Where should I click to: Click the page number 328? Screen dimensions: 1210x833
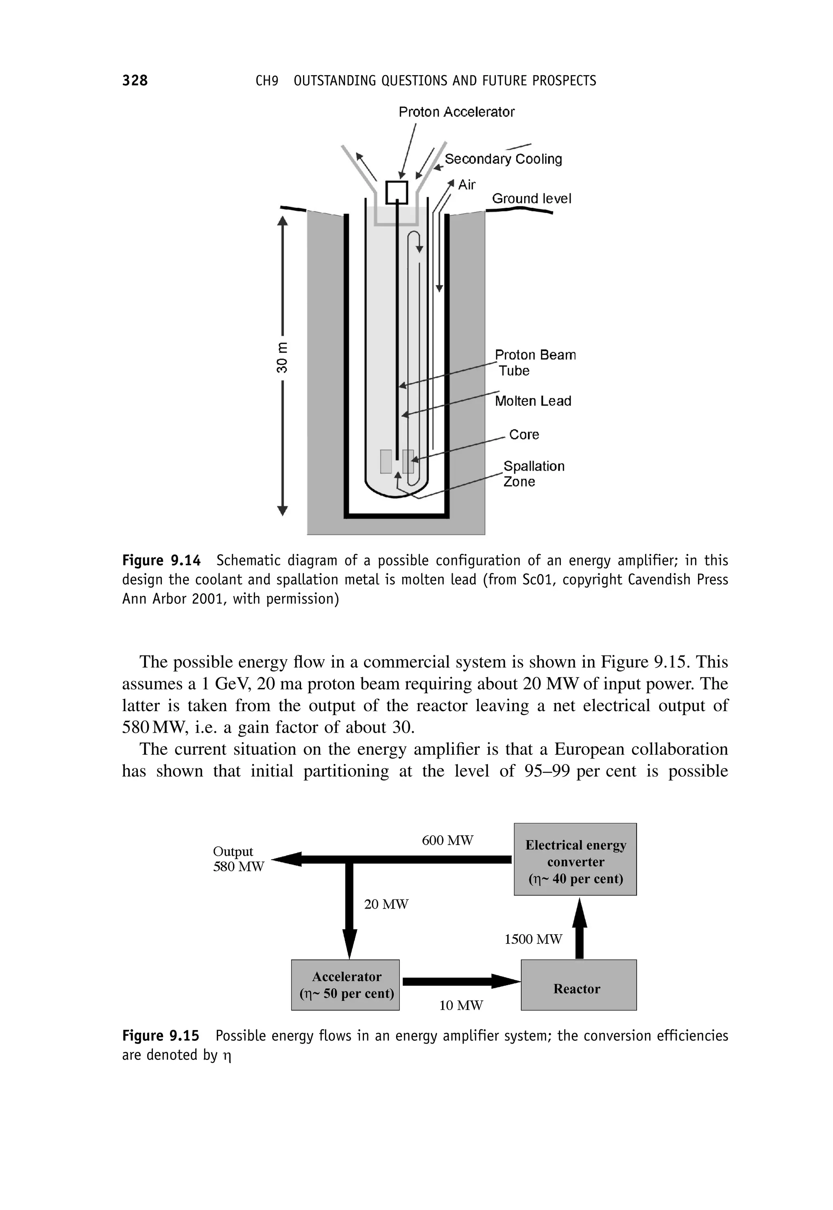(x=135, y=81)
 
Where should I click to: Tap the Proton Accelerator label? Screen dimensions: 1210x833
(x=456, y=112)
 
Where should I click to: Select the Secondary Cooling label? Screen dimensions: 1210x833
(x=503, y=159)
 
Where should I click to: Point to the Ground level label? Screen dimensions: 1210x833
(x=531, y=199)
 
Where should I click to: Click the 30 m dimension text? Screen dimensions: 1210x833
(x=282, y=358)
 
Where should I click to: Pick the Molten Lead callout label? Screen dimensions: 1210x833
(x=533, y=401)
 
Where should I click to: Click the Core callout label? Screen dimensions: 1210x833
(x=524, y=434)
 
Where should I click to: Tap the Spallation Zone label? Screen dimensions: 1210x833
(x=533, y=474)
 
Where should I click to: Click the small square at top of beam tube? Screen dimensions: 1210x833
(x=397, y=192)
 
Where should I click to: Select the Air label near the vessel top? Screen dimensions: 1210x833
(x=467, y=185)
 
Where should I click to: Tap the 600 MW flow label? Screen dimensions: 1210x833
(x=447, y=841)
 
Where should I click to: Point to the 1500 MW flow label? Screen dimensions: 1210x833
(x=533, y=939)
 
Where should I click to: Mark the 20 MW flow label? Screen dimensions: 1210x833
(x=386, y=904)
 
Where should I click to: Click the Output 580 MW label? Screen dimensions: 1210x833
(x=238, y=859)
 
